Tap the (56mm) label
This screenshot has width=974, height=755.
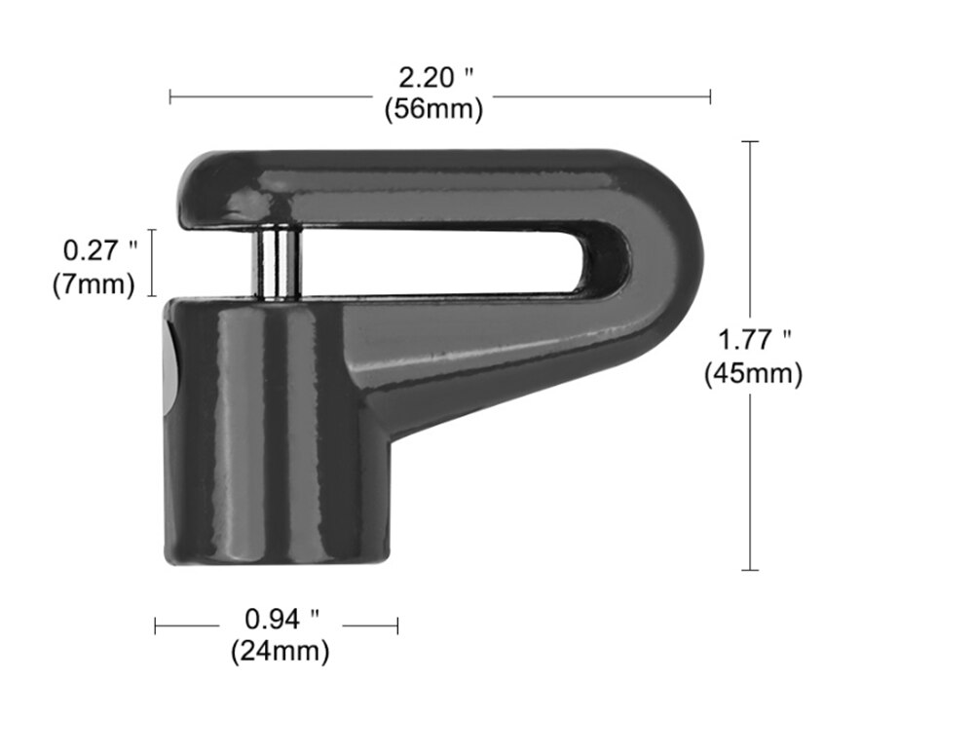pos(432,110)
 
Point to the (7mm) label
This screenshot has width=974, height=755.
pos(94,286)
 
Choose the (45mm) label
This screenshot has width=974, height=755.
pos(753,373)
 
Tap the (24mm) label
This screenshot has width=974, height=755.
pos(280,651)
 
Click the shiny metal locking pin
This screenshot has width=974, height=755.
pos(278,264)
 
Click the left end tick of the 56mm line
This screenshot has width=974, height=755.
pos(170,95)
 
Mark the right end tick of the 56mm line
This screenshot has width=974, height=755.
pos(710,95)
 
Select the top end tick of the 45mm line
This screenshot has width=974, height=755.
pos(749,141)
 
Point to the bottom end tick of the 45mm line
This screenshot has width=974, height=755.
pos(749,570)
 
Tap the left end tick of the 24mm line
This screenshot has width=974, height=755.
pos(156,625)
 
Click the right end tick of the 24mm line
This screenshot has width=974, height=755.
pos(397,625)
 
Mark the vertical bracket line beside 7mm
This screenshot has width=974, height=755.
pos(152,265)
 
